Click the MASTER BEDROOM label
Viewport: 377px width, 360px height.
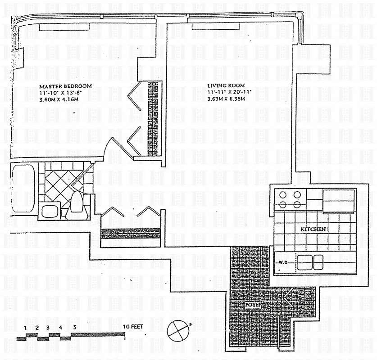point(65,86)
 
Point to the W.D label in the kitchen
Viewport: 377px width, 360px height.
point(283,262)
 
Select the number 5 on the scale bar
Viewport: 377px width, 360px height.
point(75,327)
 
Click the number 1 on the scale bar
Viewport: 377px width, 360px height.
point(26,327)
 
